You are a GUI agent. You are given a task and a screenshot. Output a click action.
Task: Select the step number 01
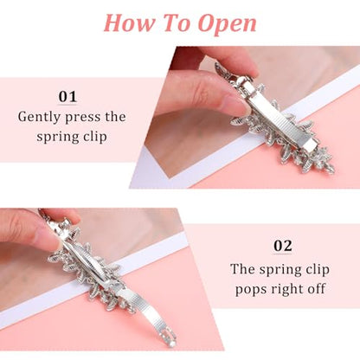click(x=67, y=97)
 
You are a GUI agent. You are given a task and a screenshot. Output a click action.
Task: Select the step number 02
click(x=282, y=246)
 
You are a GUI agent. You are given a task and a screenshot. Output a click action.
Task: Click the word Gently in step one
click(x=39, y=118)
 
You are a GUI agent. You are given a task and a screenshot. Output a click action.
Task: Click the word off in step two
click(x=315, y=288)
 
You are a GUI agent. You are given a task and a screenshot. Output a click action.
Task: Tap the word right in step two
click(x=285, y=289)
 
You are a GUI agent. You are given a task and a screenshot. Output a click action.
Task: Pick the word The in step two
click(x=242, y=269)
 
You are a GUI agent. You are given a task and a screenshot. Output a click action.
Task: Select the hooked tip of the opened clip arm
click(x=170, y=338)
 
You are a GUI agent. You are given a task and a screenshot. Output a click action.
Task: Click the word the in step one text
click(x=115, y=117)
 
